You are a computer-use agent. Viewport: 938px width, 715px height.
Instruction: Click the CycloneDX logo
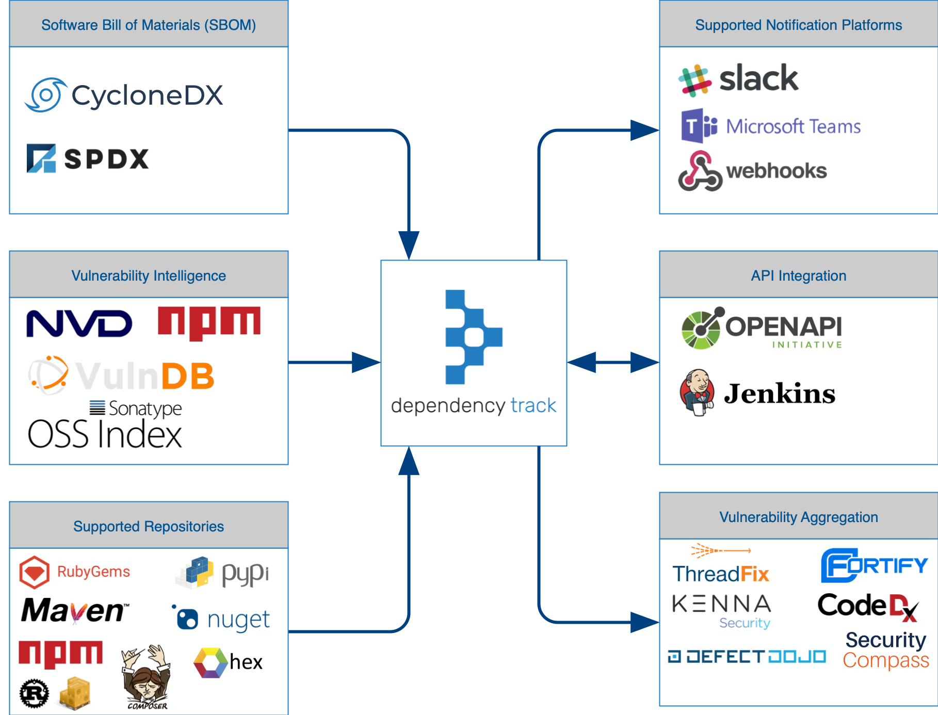point(124,95)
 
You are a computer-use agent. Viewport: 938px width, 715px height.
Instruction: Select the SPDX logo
point(88,158)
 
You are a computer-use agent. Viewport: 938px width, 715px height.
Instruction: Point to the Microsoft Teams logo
point(771,126)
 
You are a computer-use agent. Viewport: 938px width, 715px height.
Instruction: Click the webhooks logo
point(752,171)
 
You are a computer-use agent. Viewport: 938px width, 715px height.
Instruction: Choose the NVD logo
point(79,323)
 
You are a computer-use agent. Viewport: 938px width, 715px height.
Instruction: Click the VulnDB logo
point(121,375)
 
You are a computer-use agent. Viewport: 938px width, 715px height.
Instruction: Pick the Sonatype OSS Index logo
point(105,425)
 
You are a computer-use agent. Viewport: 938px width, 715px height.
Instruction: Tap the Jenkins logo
point(757,394)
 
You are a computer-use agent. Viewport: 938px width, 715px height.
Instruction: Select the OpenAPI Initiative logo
point(762,328)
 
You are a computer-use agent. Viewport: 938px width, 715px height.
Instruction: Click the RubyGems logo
point(74,572)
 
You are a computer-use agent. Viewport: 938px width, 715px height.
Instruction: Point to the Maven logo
point(74,611)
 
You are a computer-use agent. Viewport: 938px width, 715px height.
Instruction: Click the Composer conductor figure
point(147,676)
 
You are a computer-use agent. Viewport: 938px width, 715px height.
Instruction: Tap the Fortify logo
point(874,565)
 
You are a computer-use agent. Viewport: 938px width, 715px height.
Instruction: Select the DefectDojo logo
point(747,657)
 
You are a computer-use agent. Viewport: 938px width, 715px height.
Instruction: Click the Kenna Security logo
point(721,610)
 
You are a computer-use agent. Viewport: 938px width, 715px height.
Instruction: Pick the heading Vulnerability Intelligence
point(149,275)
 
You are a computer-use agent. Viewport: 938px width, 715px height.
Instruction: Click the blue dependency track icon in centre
point(474,337)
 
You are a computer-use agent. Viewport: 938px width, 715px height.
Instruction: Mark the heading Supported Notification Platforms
point(798,25)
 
